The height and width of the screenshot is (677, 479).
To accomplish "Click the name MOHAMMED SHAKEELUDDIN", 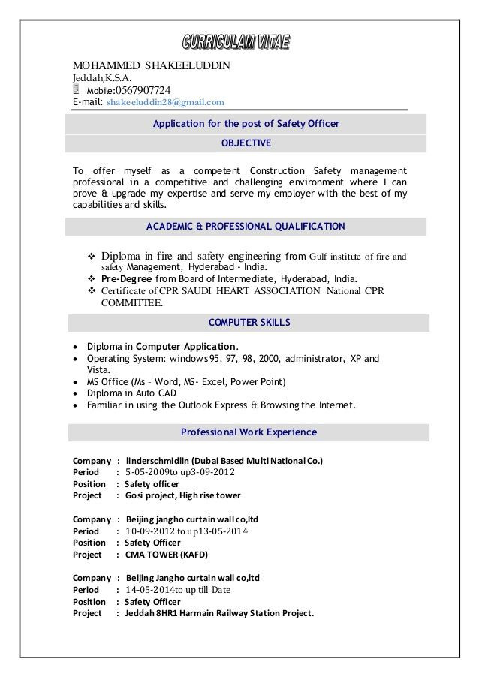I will click(151, 65).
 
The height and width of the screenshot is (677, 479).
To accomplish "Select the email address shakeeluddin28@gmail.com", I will click(166, 102).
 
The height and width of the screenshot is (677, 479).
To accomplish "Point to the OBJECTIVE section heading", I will click(246, 143).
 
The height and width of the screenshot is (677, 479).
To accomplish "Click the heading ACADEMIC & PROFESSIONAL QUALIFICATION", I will click(246, 226).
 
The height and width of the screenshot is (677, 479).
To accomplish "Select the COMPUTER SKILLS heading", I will click(246, 323).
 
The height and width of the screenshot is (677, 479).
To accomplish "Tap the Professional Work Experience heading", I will click(249, 432).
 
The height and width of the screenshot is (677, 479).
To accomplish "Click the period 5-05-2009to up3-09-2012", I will click(180, 472).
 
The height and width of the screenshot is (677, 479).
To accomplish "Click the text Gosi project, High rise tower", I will click(182, 496).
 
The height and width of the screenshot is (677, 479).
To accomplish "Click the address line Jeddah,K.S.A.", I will click(102, 77).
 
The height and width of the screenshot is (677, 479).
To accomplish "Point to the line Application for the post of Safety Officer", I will click(246, 123).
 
